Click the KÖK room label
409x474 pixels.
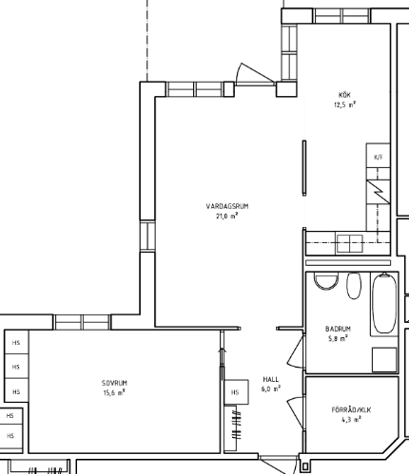pyautogui.click(x=344, y=95)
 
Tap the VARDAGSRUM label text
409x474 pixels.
pyautogui.click(x=227, y=206)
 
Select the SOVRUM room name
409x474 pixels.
pyautogui.click(x=114, y=383)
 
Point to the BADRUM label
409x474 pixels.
pyautogui.click(x=338, y=329)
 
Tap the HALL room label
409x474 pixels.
pyautogui.click(x=271, y=379)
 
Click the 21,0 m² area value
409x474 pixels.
pyautogui.click(x=227, y=217)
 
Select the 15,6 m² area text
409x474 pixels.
pyautogui.click(x=114, y=393)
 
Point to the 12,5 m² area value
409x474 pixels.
pyautogui.click(x=344, y=104)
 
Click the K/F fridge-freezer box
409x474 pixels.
pyautogui.click(x=379, y=156)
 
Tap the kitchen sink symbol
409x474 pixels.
pyautogui.click(x=350, y=243)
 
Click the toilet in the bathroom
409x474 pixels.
pyautogui.click(x=325, y=281)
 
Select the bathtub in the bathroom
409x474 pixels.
pyautogui.click(x=384, y=303)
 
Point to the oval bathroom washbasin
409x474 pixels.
pyautogui.click(x=354, y=286)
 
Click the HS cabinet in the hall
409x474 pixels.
pyautogui.click(x=236, y=392)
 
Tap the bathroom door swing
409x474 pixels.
pyautogui.click(x=297, y=351)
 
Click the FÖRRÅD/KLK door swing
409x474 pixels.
pyautogui.click(x=297, y=412)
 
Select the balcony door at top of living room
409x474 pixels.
pyautogui.click(x=254, y=74)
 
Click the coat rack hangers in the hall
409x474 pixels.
pyautogui.click(x=236, y=425)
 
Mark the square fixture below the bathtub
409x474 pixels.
pyautogui.click(x=384, y=360)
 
